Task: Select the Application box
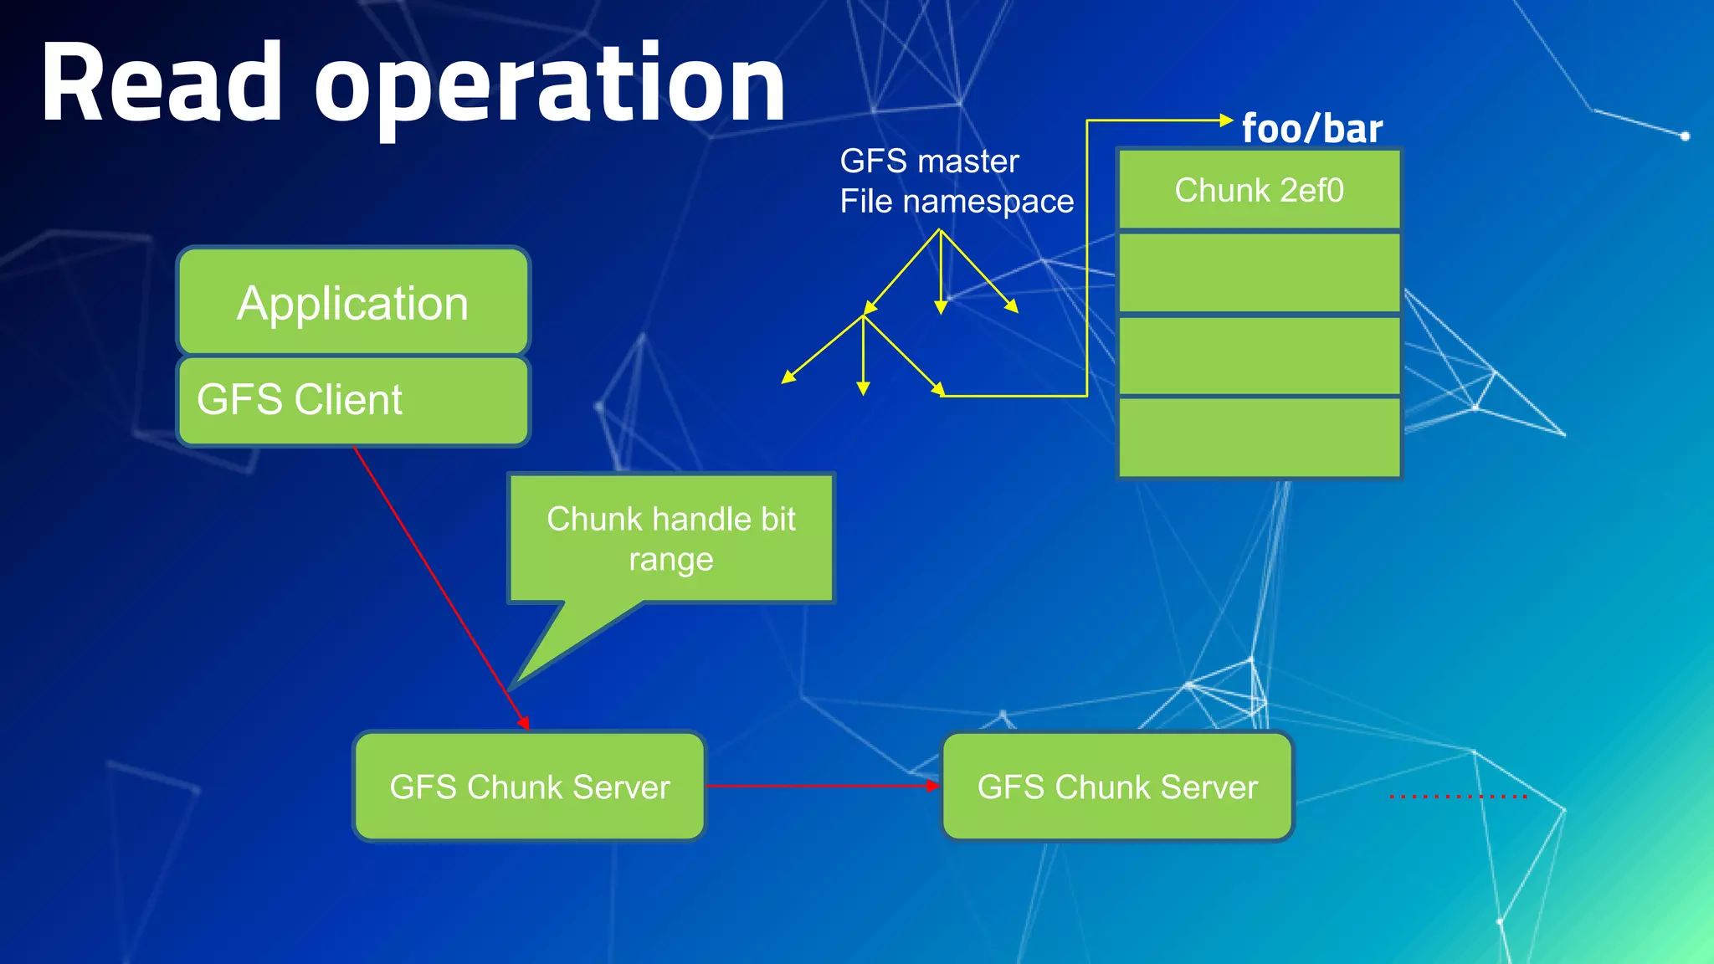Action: click(353, 301)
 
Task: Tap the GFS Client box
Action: click(353, 400)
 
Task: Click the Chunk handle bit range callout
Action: click(671, 538)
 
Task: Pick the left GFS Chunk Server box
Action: click(529, 787)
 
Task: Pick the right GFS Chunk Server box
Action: click(1117, 787)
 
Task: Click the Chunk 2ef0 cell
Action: click(1259, 190)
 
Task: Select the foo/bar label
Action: click(1311, 129)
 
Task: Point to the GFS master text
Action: click(929, 161)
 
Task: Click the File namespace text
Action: click(956, 201)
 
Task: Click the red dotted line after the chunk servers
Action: click(1458, 796)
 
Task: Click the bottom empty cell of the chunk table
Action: click(1259, 437)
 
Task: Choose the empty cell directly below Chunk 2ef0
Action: click(1259, 272)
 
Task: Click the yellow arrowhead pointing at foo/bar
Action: click(1227, 120)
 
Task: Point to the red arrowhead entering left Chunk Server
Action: click(524, 723)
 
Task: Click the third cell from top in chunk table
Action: click(1259, 355)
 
